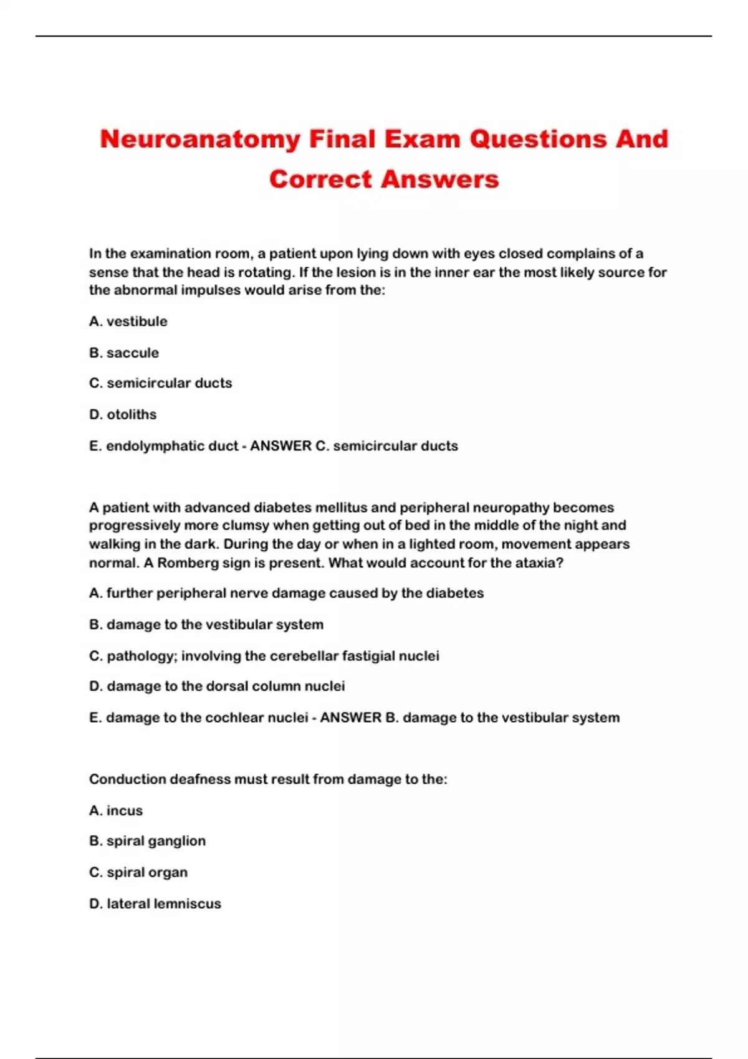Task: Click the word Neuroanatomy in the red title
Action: [x=200, y=139]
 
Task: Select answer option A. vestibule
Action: [x=128, y=321]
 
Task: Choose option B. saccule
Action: [x=124, y=353]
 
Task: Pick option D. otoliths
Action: [x=123, y=414]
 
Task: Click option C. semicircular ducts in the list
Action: [x=161, y=383]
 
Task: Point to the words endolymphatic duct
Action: [x=172, y=446]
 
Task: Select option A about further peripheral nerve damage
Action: [x=286, y=593]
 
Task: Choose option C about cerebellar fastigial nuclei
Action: [x=264, y=656]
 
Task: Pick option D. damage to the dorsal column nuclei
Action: [x=217, y=686]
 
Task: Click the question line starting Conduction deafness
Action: [x=268, y=779]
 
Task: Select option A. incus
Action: [x=116, y=810]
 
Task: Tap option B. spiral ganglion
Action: [x=147, y=841]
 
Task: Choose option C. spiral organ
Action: [x=138, y=872]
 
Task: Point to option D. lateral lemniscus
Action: [x=155, y=904]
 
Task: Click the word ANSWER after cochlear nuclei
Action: [x=350, y=718]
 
